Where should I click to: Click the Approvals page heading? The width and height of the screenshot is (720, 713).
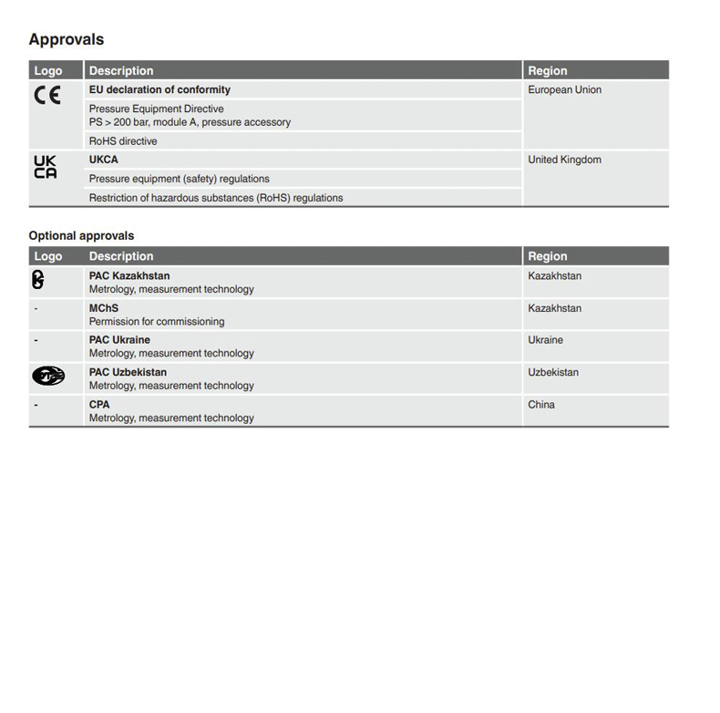pos(67,39)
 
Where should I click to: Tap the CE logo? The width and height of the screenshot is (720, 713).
pos(47,94)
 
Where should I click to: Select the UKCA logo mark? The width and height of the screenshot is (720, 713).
pos(46,167)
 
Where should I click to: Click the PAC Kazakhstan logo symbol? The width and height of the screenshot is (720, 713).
pos(37,281)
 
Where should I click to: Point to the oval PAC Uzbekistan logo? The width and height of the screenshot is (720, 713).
pos(48,376)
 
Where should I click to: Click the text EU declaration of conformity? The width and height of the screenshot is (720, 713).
pos(159,89)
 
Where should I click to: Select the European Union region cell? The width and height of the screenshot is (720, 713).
pos(564,89)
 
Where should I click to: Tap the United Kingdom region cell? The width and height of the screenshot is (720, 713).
pos(564,160)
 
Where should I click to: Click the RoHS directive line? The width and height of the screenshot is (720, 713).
pos(123,141)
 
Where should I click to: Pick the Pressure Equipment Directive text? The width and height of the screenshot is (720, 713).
pos(156,108)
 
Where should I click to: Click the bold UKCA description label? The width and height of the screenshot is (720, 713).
pos(104,160)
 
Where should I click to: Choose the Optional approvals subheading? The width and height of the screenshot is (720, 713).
pos(81,235)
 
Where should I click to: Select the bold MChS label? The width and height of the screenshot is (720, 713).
pos(104,308)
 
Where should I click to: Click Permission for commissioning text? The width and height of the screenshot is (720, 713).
pos(157,322)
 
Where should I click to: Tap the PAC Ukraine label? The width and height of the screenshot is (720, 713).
pos(119,340)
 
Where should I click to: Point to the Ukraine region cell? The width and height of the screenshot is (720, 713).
pos(545,340)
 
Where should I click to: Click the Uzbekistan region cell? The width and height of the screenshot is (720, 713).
pos(553,372)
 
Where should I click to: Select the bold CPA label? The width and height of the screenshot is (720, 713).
pos(99,405)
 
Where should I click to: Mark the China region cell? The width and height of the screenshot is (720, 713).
pos(541,405)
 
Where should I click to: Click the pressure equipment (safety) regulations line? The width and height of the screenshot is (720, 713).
pos(180,179)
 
